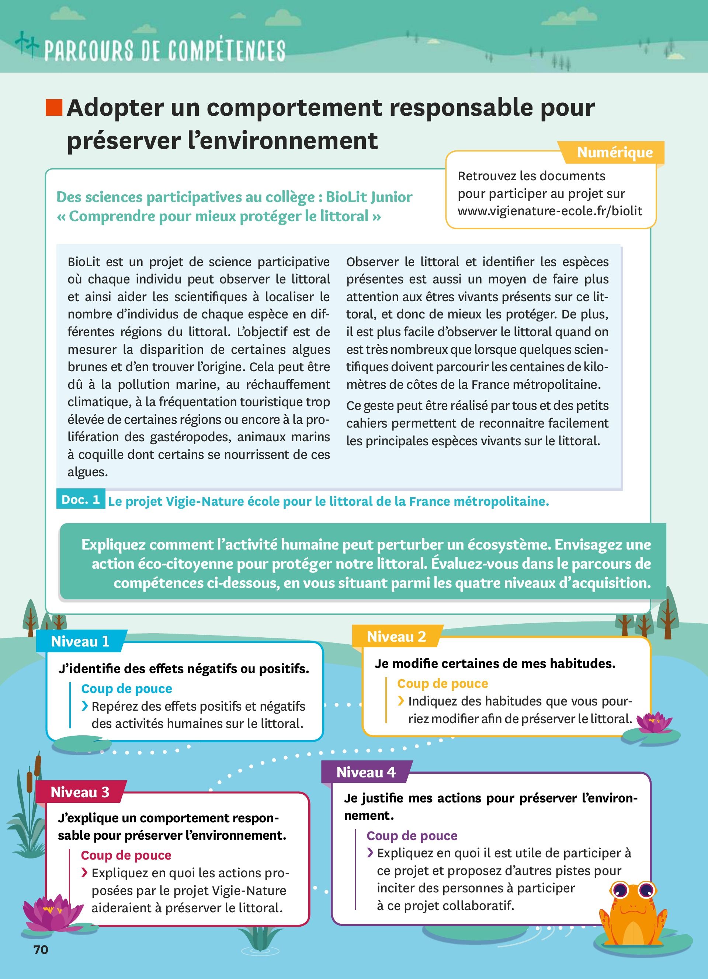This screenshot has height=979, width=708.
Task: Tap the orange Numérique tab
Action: (614, 152)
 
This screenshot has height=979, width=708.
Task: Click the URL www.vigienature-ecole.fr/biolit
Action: (549, 211)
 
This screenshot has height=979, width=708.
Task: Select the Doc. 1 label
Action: (81, 499)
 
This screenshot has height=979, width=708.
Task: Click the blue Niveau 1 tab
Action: (80, 641)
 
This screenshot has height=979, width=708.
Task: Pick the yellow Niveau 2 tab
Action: (396, 637)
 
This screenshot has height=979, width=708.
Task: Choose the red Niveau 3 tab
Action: (80, 792)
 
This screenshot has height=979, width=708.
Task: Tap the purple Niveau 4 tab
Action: (366, 772)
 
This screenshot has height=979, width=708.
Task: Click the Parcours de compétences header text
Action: (164, 51)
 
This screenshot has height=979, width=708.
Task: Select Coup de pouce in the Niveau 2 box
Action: (442, 684)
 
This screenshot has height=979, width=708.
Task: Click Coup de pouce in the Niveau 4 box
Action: (412, 836)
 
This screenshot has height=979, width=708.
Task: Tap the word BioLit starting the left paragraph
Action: (84, 262)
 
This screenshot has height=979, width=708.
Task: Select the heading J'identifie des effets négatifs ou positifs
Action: (184, 669)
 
